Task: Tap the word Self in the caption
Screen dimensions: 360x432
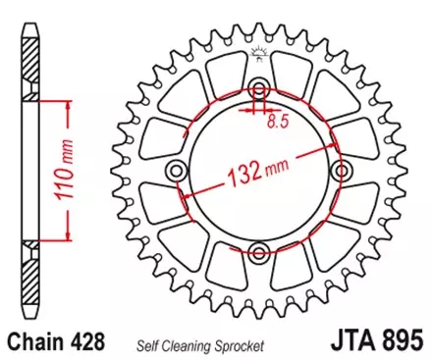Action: pyautogui.click(x=160, y=344)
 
